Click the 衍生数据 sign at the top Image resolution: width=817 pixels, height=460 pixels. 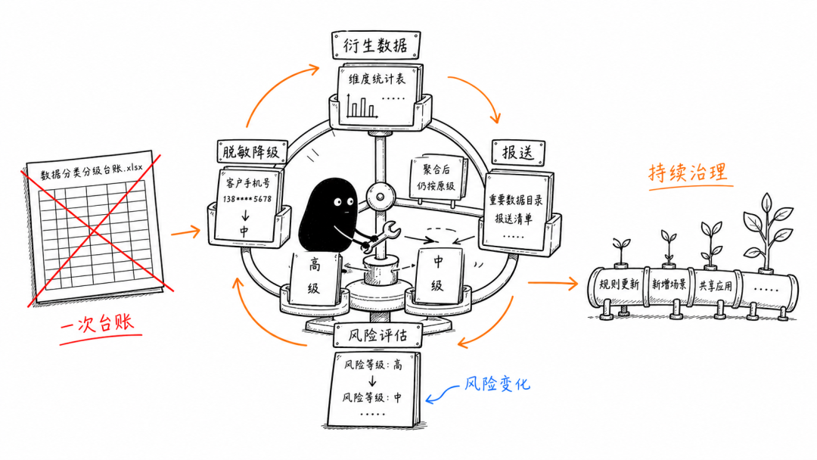376,45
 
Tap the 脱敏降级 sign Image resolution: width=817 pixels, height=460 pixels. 252,151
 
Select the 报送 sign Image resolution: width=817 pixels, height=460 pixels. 518,152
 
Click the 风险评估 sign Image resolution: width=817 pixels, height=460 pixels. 377,335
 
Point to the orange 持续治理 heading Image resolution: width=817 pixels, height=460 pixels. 688,172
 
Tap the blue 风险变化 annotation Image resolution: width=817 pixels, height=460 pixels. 497,384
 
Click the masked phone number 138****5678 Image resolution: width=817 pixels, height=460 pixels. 247,199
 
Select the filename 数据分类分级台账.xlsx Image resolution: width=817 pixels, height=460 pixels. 92,171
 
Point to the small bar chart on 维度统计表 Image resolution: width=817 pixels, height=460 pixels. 361,106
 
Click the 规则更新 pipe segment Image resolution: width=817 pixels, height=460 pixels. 619,284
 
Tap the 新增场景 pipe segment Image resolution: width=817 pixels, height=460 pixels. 669,284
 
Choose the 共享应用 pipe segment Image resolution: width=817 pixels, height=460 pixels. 716,285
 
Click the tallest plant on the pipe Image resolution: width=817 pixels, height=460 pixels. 766,232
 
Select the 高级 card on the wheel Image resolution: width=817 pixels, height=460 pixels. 315,277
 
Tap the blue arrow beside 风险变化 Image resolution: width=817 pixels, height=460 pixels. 442,394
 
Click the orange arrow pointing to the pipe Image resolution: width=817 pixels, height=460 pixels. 553,283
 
